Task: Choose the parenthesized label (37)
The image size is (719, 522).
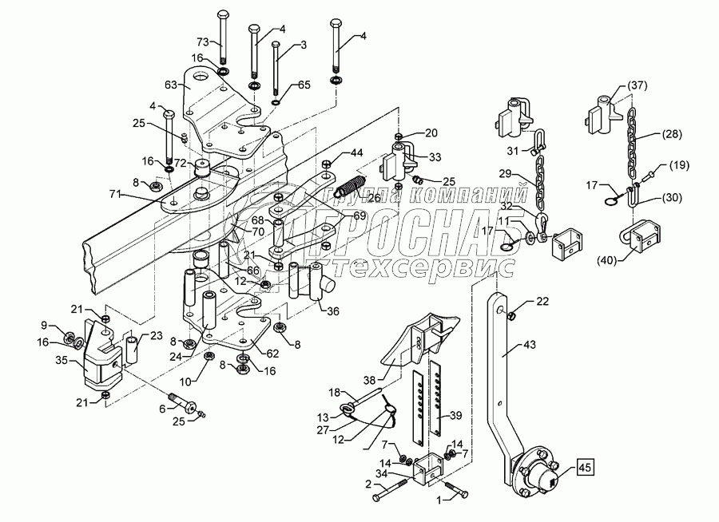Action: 637,86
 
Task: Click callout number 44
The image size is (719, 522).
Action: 356,152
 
